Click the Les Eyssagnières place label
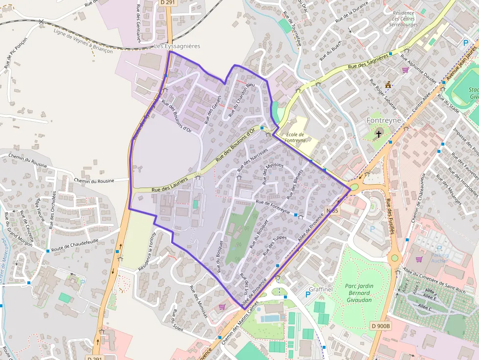pos(177,46)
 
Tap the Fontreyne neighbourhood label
pos(384,120)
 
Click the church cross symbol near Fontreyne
pos(378,133)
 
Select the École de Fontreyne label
pos(295,137)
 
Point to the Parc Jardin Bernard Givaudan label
pos(359,293)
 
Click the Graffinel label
pos(321,289)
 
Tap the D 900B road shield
pos(380,326)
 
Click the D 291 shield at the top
pos(167,2)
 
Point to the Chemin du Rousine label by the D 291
pos(94,181)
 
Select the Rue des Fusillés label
pos(389,216)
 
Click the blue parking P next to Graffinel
pos(308,294)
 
